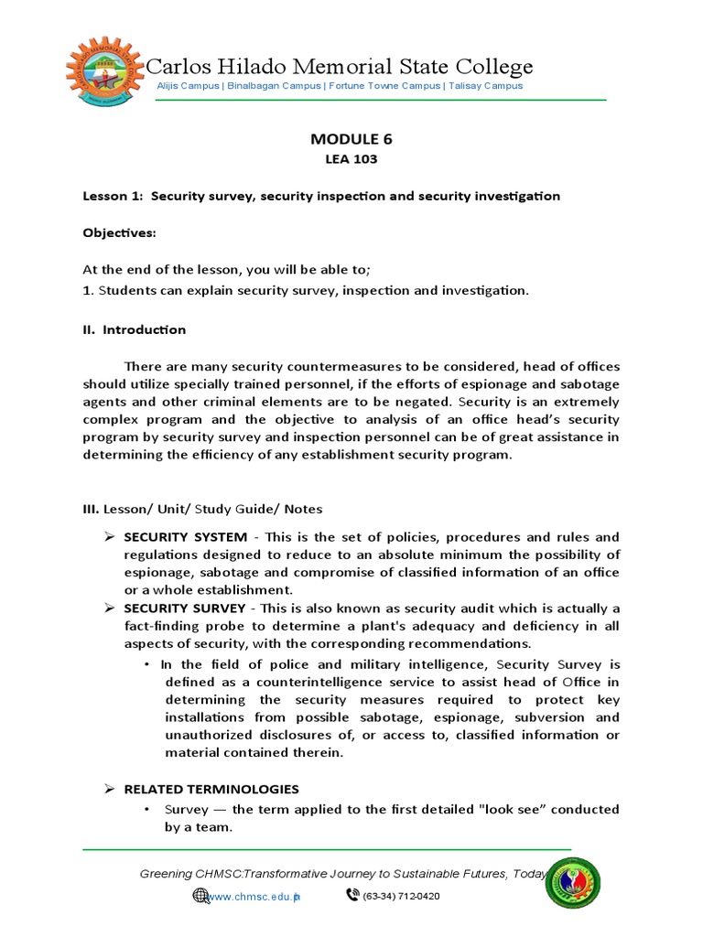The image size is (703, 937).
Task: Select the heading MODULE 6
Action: [351, 139]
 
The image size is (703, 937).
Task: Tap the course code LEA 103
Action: [351, 159]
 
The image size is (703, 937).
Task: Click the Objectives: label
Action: [120, 233]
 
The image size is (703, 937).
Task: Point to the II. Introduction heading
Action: [135, 329]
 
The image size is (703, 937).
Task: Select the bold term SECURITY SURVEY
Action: [185, 609]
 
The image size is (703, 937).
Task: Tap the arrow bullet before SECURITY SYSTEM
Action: [108, 537]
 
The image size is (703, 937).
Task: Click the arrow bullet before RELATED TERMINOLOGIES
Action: [108, 789]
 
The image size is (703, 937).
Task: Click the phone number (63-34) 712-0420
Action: [401, 896]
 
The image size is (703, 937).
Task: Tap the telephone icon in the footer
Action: [352, 895]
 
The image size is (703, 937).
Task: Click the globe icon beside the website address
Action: [200, 895]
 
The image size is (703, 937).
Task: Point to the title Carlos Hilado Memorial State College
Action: [340, 66]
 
